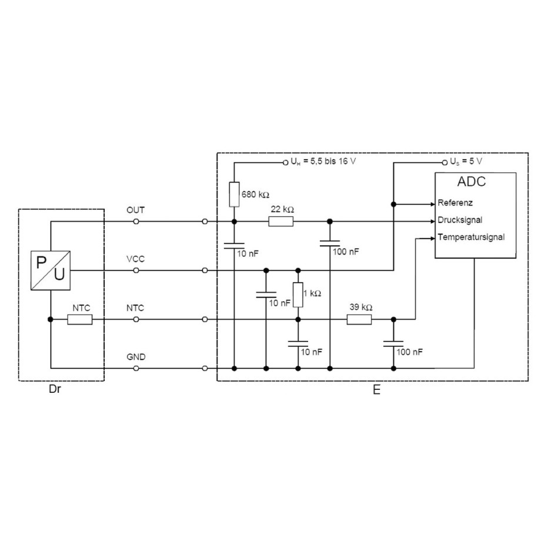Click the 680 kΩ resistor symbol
pyautogui.click(x=234, y=194)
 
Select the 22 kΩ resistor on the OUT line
pyautogui.click(x=280, y=222)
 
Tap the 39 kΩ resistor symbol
pyautogui.click(x=359, y=319)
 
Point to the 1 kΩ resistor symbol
pyautogui.click(x=298, y=295)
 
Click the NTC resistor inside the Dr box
pyautogui.click(x=79, y=319)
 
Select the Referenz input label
pyautogui.click(x=456, y=203)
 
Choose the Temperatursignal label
pyautogui.click(x=471, y=238)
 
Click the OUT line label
pyautogui.click(x=135, y=209)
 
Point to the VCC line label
pyautogui.click(x=135, y=258)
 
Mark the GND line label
pyautogui.click(x=136, y=356)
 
